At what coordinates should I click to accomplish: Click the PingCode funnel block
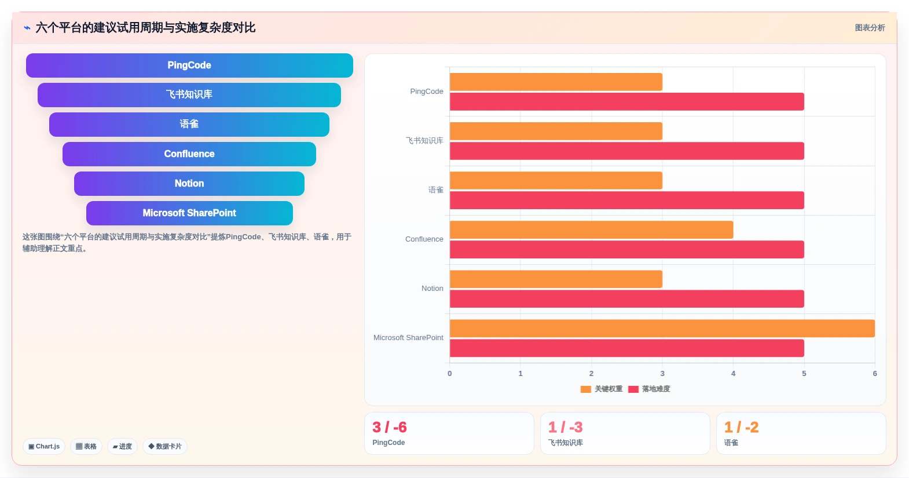coord(189,65)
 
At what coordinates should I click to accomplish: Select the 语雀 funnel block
coord(189,124)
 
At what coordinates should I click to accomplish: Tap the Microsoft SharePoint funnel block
coord(189,213)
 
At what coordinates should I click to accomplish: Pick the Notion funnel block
coord(189,184)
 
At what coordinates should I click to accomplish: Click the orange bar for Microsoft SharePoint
coord(662,329)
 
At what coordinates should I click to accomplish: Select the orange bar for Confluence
coord(591,230)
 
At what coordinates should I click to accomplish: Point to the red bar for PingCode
coord(627,101)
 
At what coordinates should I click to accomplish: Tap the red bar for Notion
coord(627,299)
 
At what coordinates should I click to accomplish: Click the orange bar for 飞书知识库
coord(556,131)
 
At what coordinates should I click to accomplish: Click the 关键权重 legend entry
coord(602,389)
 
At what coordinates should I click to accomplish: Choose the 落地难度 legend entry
coord(649,389)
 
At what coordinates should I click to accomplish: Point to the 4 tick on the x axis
coord(734,374)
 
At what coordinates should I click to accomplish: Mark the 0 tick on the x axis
coord(450,374)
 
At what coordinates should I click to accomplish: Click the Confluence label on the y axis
coord(424,239)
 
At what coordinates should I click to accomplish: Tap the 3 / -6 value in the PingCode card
coord(390,427)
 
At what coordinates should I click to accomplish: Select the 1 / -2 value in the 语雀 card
coord(742,427)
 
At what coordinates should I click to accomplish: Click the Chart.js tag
coord(44,446)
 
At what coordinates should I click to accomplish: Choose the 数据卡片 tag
coord(165,446)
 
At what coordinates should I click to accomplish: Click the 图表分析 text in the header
coord(870,28)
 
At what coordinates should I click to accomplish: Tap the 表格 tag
coord(86,446)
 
